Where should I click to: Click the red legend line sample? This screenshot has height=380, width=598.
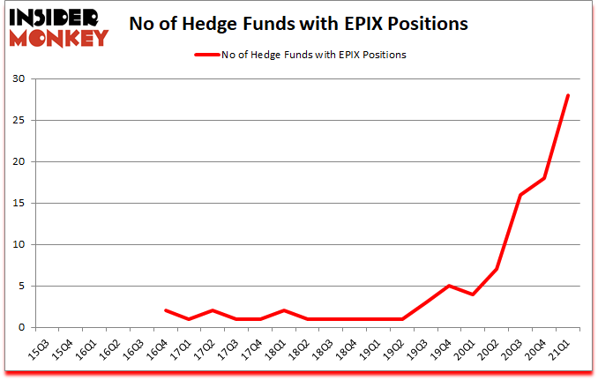[208, 55]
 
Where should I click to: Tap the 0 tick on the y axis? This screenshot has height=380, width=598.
[19, 327]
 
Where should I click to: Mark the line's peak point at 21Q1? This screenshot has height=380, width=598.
[569, 95]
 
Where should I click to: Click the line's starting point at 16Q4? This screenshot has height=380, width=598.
[167, 310]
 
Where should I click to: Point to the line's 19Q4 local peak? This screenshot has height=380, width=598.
[449, 286]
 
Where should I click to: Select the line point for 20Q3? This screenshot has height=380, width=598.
[520, 195]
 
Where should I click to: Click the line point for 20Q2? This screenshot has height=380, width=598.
[497, 269]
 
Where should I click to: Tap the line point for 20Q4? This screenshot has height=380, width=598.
[545, 178]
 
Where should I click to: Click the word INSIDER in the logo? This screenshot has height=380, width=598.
[55, 16]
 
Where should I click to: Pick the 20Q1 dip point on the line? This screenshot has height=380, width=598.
[474, 294]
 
